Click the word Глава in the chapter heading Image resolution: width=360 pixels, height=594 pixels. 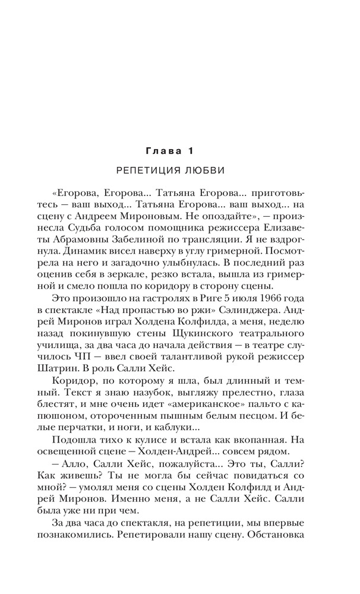pos(160,151)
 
